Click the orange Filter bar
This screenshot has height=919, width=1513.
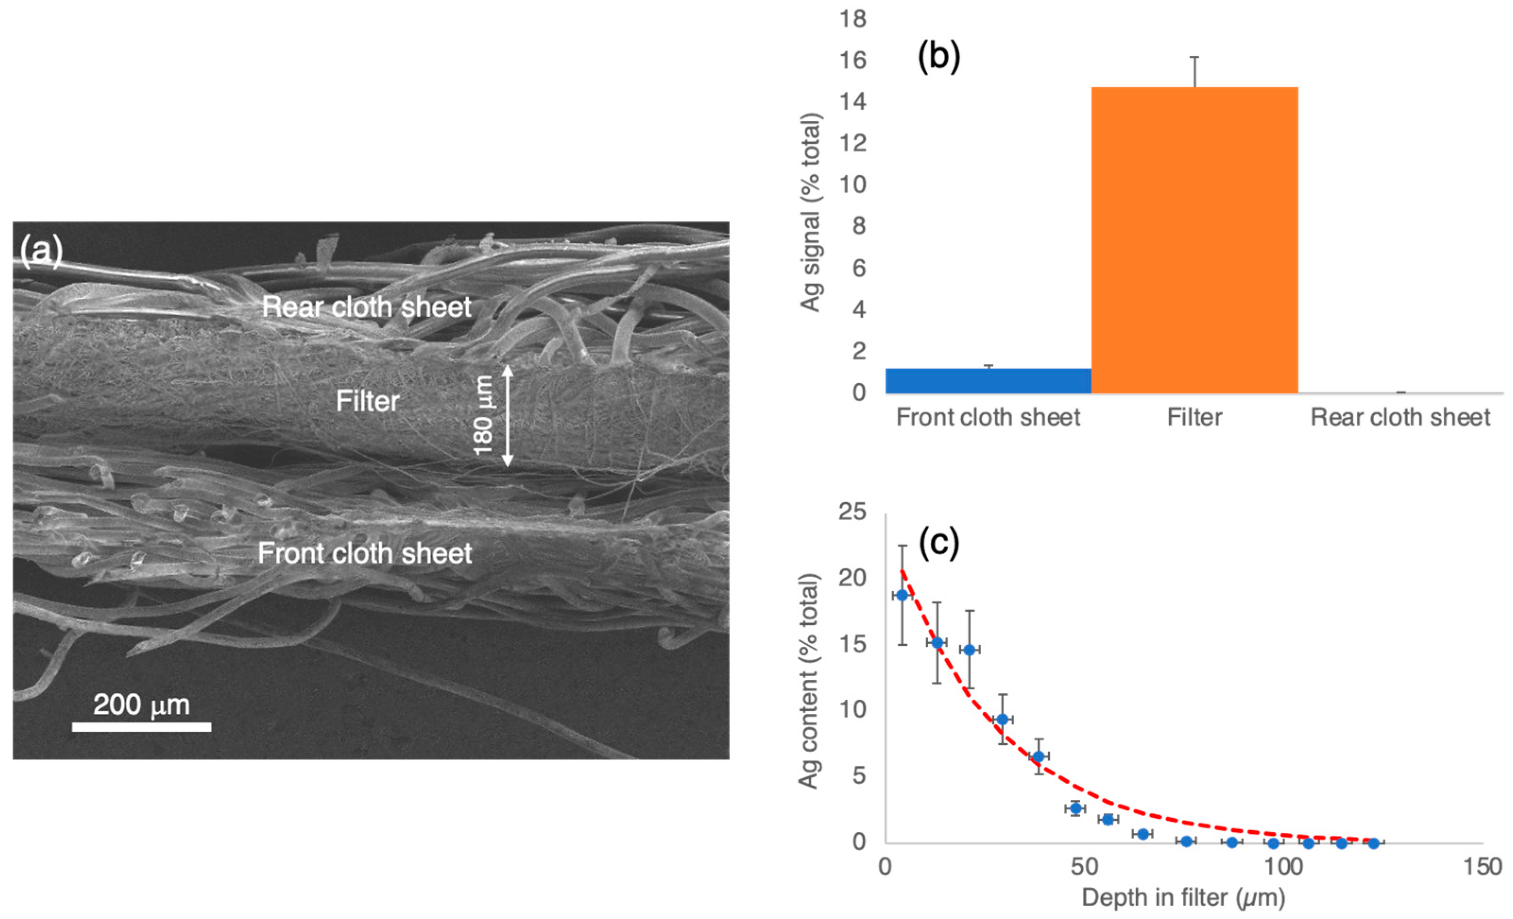[1194, 240]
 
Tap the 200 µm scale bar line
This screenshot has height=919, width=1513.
[141, 727]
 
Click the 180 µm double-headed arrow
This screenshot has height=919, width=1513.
[507, 416]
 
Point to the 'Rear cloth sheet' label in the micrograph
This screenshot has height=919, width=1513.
[367, 307]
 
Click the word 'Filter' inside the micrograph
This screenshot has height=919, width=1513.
[367, 402]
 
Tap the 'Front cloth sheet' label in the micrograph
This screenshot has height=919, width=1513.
[365, 553]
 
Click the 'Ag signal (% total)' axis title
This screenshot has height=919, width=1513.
[811, 213]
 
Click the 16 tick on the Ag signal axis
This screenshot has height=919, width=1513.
[853, 60]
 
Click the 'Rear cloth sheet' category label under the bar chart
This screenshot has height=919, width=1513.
[1400, 418]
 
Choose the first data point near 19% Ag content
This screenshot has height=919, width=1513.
[902, 595]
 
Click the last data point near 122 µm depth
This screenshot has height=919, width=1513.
[1374, 843]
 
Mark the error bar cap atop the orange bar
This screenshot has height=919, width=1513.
[1194, 57]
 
